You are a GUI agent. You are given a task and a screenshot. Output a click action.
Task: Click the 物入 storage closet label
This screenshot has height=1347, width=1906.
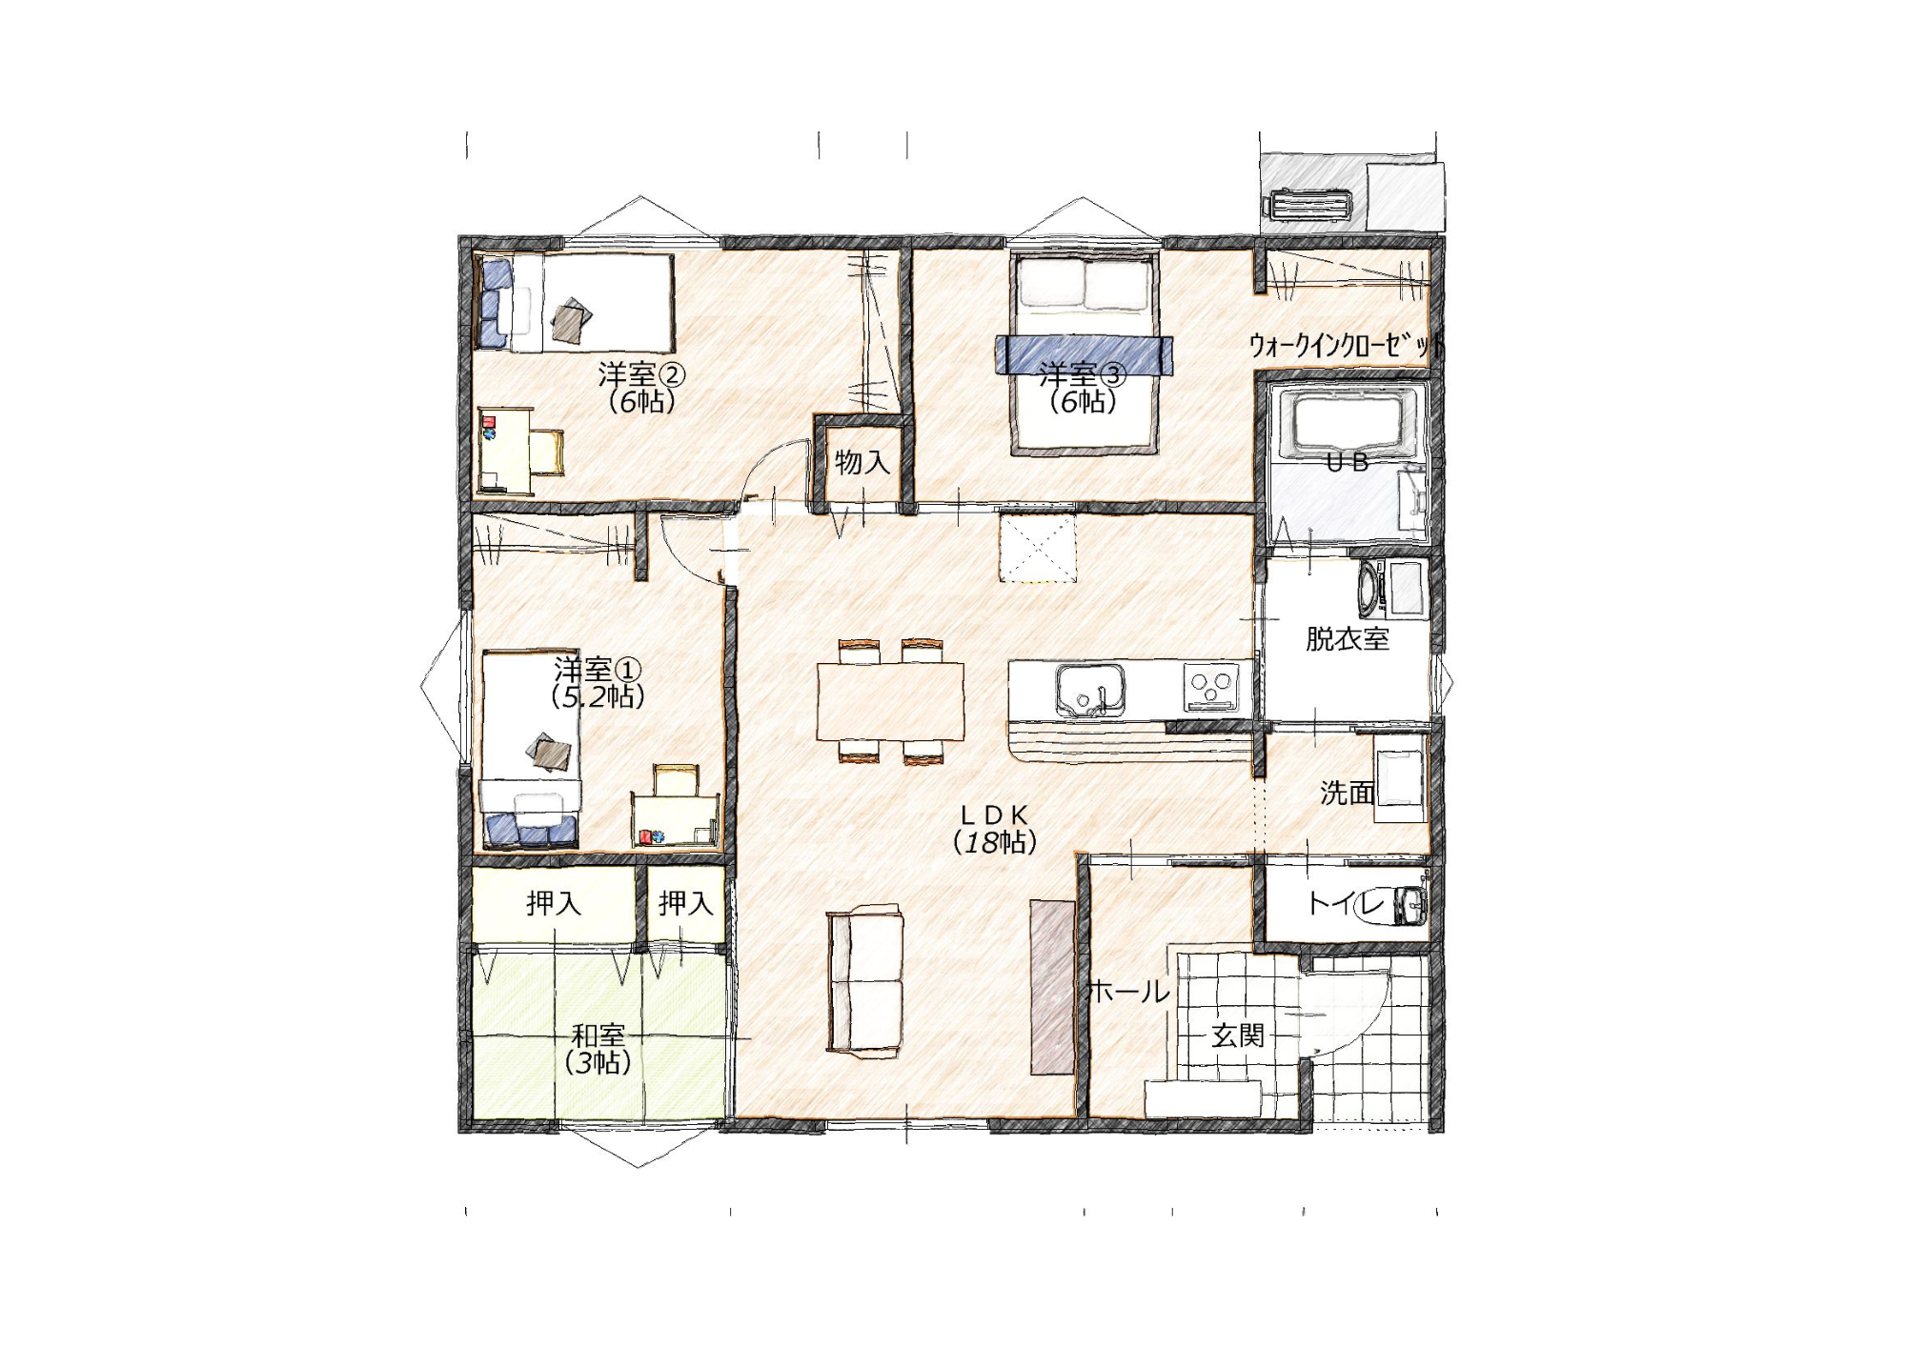862,463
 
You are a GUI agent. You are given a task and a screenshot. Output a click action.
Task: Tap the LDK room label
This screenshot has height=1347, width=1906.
994,815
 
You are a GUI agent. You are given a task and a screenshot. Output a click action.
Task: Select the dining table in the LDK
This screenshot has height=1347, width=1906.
890,701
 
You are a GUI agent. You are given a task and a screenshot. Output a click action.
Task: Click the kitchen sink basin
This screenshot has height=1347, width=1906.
1089,690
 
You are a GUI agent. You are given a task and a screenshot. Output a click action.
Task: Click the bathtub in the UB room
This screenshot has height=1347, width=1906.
1346,423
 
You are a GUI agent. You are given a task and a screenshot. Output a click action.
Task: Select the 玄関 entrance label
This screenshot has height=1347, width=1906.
1238,1035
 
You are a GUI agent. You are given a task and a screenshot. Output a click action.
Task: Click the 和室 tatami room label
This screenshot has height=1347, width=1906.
598,1035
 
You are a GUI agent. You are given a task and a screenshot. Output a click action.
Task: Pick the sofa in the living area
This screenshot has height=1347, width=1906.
864,981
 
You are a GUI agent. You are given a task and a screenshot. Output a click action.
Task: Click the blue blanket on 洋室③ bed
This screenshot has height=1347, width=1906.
1084,355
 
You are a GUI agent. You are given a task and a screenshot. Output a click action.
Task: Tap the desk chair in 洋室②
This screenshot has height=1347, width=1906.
547,452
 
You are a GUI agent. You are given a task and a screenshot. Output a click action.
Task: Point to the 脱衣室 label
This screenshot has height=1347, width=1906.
1347,639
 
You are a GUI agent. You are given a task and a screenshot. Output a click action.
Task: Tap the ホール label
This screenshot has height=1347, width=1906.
1128,992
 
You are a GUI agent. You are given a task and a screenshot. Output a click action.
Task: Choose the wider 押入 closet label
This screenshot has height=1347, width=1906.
554,903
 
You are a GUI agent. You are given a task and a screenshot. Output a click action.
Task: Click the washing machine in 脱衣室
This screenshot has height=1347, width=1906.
1370,588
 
